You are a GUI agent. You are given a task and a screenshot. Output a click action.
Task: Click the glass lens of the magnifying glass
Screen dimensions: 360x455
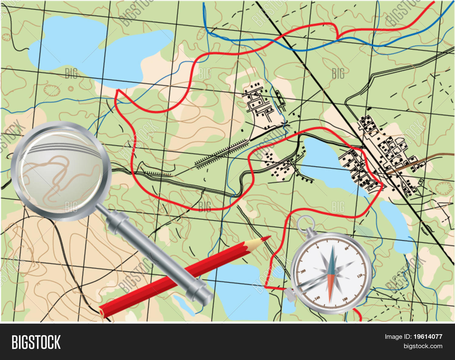point(61,171)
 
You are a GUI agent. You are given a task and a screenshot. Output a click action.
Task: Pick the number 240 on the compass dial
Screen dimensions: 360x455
point(317,298)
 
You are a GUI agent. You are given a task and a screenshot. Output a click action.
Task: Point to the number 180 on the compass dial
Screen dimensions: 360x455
point(345,299)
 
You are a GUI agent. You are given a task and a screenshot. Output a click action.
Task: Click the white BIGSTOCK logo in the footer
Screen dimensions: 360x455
point(36,342)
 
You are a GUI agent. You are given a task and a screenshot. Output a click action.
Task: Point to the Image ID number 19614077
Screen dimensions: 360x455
point(428,337)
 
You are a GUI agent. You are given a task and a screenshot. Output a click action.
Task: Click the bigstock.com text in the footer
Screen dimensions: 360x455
point(423,346)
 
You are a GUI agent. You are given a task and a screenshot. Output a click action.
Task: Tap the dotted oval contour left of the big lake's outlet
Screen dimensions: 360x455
point(51,90)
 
